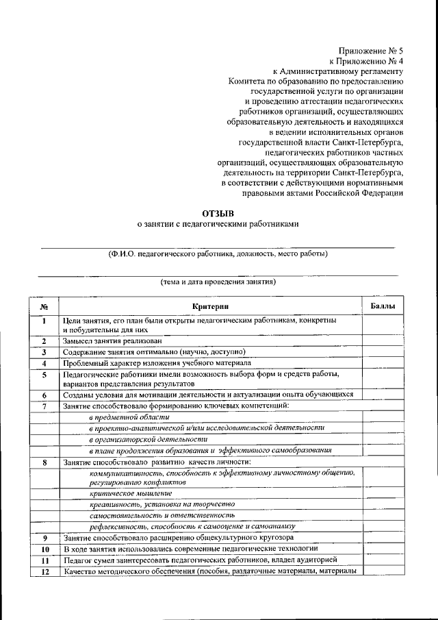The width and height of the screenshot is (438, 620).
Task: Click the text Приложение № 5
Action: pos(371,49)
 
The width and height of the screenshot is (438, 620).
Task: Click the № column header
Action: pos(43,306)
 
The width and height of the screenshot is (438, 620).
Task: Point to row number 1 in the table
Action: pos(43,321)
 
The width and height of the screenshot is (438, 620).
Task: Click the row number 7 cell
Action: pos(43,406)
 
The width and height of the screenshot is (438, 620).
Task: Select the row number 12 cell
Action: pos(44,571)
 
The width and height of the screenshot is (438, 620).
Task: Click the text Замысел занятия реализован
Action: pos(113,340)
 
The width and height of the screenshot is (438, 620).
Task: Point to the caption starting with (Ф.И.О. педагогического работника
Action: pos(218,253)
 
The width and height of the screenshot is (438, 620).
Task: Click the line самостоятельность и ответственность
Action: pos(162,514)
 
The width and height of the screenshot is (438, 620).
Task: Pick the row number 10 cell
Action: pos(44,549)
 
